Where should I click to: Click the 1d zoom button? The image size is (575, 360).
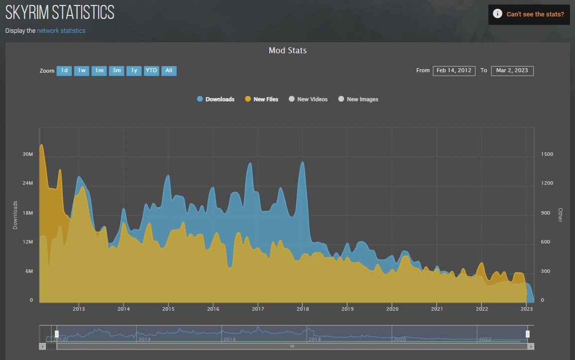tap(64, 71)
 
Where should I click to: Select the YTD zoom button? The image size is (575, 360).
tap(151, 71)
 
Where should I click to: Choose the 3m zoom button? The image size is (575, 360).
tap(116, 71)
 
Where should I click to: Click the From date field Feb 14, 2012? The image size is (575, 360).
tap(454, 71)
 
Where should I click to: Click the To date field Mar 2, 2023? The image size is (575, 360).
tap(512, 71)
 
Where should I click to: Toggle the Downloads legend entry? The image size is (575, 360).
tap(216, 99)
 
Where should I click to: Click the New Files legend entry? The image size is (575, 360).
tap(261, 99)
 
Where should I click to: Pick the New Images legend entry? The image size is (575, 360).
tap(358, 99)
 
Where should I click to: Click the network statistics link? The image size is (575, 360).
tap(61, 31)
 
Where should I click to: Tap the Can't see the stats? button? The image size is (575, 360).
tap(529, 14)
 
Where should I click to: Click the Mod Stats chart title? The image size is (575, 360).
tap(287, 50)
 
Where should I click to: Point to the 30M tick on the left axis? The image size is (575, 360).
tap(28, 154)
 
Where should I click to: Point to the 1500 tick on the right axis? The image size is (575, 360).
tap(547, 154)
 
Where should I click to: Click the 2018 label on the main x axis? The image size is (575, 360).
tap(302, 309)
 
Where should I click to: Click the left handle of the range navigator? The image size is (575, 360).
tap(57, 334)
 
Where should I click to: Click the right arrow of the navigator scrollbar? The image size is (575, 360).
tap(531, 346)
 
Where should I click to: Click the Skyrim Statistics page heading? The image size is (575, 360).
tap(60, 12)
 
